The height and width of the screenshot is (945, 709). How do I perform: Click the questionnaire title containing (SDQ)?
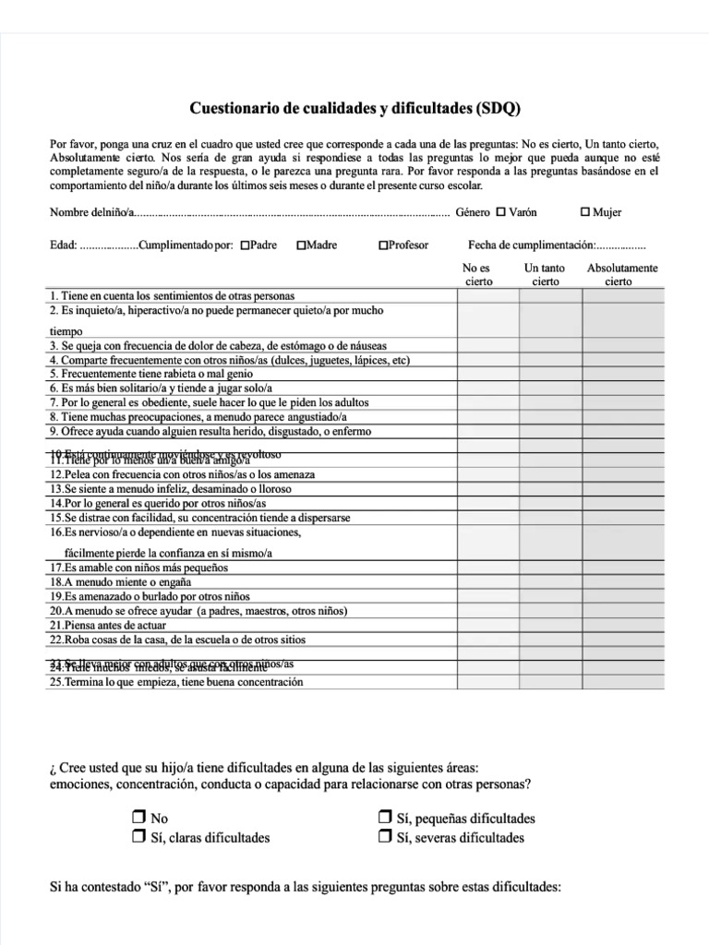[354, 108]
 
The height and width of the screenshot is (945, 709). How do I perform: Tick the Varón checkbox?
[501, 211]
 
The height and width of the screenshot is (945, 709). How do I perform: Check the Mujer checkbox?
[585, 211]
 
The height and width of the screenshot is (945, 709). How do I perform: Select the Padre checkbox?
[245, 245]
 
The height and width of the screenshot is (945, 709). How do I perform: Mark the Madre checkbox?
[302, 245]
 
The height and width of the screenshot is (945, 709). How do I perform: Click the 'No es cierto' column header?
[478, 275]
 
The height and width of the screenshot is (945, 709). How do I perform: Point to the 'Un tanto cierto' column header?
[545, 275]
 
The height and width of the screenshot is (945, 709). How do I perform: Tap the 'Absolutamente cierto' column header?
[621, 275]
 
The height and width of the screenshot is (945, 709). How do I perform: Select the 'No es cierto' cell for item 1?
[487, 295]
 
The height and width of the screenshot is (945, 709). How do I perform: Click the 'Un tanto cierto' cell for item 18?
[550, 581]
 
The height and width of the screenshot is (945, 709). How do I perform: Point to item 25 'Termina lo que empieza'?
[175, 682]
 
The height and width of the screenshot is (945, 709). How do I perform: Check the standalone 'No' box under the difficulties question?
[139, 818]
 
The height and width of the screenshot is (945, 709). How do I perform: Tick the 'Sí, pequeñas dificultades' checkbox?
[385, 818]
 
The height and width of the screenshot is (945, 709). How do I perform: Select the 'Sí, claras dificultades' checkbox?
[139, 837]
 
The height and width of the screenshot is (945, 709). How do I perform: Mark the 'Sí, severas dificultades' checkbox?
[385, 837]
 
